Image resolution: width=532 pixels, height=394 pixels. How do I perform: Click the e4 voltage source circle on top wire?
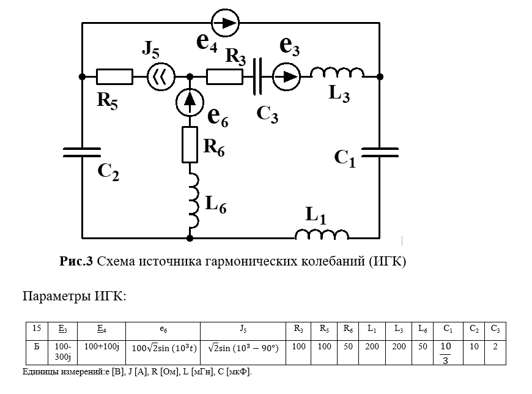pos(225,23)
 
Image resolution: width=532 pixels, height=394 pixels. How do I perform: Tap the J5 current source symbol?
pos(161,76)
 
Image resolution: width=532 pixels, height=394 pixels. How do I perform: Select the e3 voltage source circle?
pos(286,76)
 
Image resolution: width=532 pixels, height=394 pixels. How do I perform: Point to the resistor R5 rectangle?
pos(115,76)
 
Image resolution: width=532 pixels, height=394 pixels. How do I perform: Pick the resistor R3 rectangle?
pos(224,76)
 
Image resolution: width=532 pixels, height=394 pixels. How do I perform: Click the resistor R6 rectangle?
pos(190,145)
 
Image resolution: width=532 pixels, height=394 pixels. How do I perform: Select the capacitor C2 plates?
pos(82,151)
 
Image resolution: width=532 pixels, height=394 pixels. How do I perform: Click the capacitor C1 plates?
pos(380,151)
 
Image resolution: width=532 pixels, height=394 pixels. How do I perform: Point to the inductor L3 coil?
pos(337,73)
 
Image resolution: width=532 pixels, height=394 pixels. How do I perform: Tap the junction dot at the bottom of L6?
pos(190,237)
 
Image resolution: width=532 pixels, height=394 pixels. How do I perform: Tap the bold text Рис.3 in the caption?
pos(76,261)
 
